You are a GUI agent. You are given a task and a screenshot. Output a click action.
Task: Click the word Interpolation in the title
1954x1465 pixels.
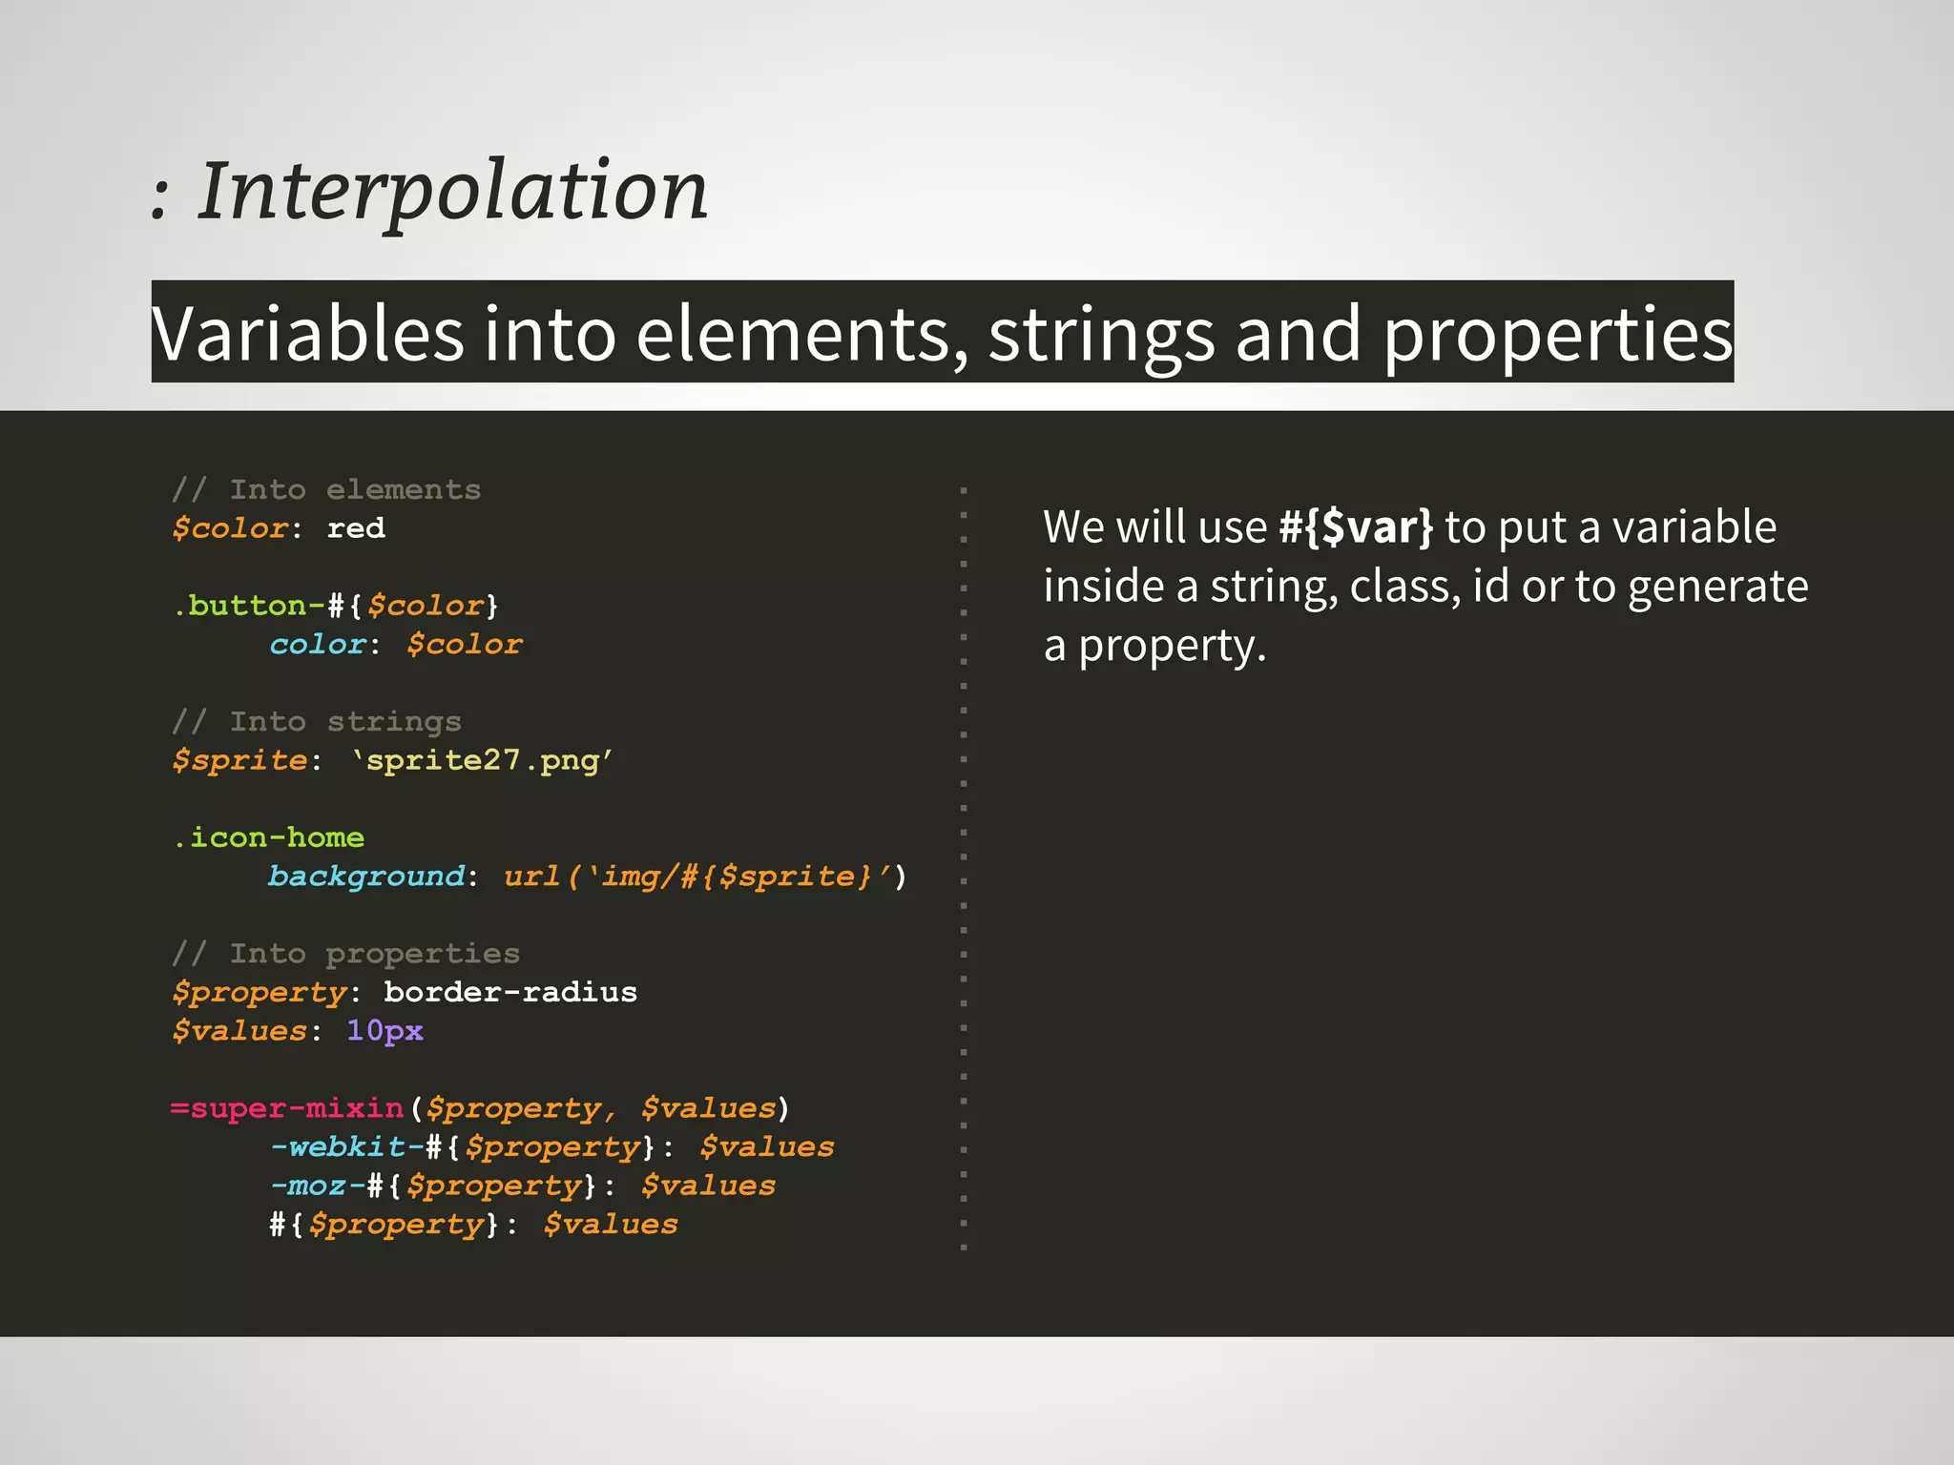(452, 191)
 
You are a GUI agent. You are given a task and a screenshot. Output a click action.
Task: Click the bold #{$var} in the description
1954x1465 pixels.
(1355, 526)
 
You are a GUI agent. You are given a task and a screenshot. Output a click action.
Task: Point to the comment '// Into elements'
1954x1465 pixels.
(326, 489)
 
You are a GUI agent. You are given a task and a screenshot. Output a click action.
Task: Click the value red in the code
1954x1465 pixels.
(356, 528)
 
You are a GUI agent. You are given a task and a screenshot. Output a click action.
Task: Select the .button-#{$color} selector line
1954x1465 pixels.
(336, 606)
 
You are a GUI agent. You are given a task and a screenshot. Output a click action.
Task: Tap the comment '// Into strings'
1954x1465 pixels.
(317, 721)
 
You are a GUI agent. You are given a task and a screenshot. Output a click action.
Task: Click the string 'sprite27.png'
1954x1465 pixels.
(482, 760)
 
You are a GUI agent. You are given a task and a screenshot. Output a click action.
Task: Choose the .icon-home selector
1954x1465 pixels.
(269, 837)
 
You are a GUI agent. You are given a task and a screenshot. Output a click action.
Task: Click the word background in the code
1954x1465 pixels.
(366, 876)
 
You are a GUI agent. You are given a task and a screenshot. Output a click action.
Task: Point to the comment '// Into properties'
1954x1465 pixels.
(346, 953)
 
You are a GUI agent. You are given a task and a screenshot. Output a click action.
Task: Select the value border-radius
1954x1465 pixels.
(510, 992)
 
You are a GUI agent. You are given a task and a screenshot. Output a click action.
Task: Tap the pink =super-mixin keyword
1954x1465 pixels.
(287, 1108)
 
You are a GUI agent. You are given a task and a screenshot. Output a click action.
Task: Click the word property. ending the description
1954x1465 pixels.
(1172, 647)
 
